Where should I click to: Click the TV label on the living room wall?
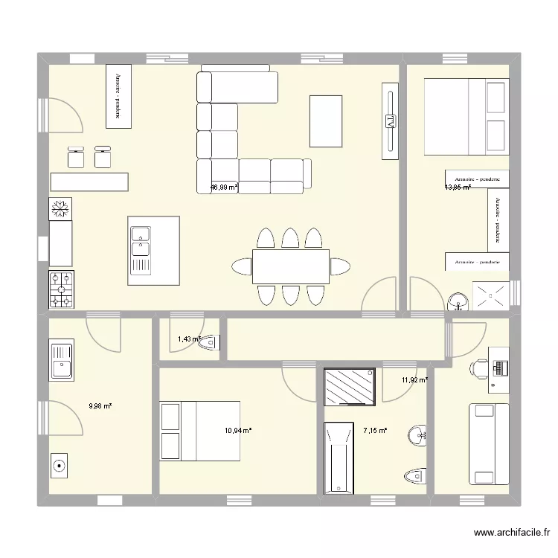[x=388, y=121]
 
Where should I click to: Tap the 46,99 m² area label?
[x=224, y=188]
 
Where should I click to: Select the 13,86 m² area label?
[x=458, y=187]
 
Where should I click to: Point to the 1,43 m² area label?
[x=189, y=339]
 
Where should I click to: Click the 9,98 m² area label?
[x=100, y=406]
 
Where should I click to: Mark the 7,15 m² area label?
[x=375, y=430]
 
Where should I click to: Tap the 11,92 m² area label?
[x=414, y=380]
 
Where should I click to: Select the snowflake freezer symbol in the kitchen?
[x=61, y=210]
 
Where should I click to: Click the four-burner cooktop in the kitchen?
[x=61, y=289]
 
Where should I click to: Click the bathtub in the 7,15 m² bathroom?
[x=338, y=458]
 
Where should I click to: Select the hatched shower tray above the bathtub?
[x=350, y=387]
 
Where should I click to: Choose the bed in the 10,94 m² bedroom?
[x=200, y=431]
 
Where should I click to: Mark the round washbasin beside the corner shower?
[x=457, y=300]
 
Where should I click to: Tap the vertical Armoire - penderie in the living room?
[x=118, y=94]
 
